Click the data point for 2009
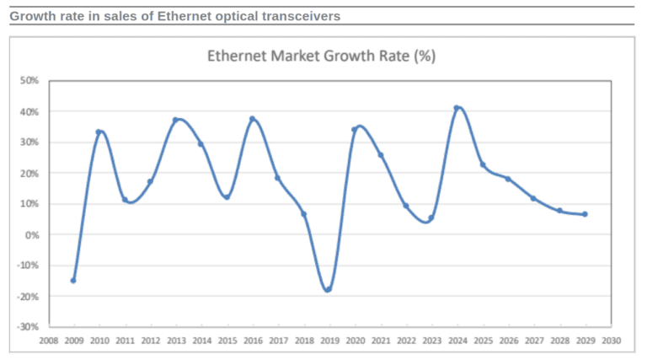coord(73,280)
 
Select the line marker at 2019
coord(328,289)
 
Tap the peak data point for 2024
coord(457,108)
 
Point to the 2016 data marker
coord(252,119)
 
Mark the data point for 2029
coord(585,214)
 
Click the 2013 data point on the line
coord(175,120)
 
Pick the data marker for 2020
coord(354,130)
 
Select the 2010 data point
coord(99,132)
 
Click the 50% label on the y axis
coord(30,81)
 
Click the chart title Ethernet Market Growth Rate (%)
coord(321,56)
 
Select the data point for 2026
coord(508,179)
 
